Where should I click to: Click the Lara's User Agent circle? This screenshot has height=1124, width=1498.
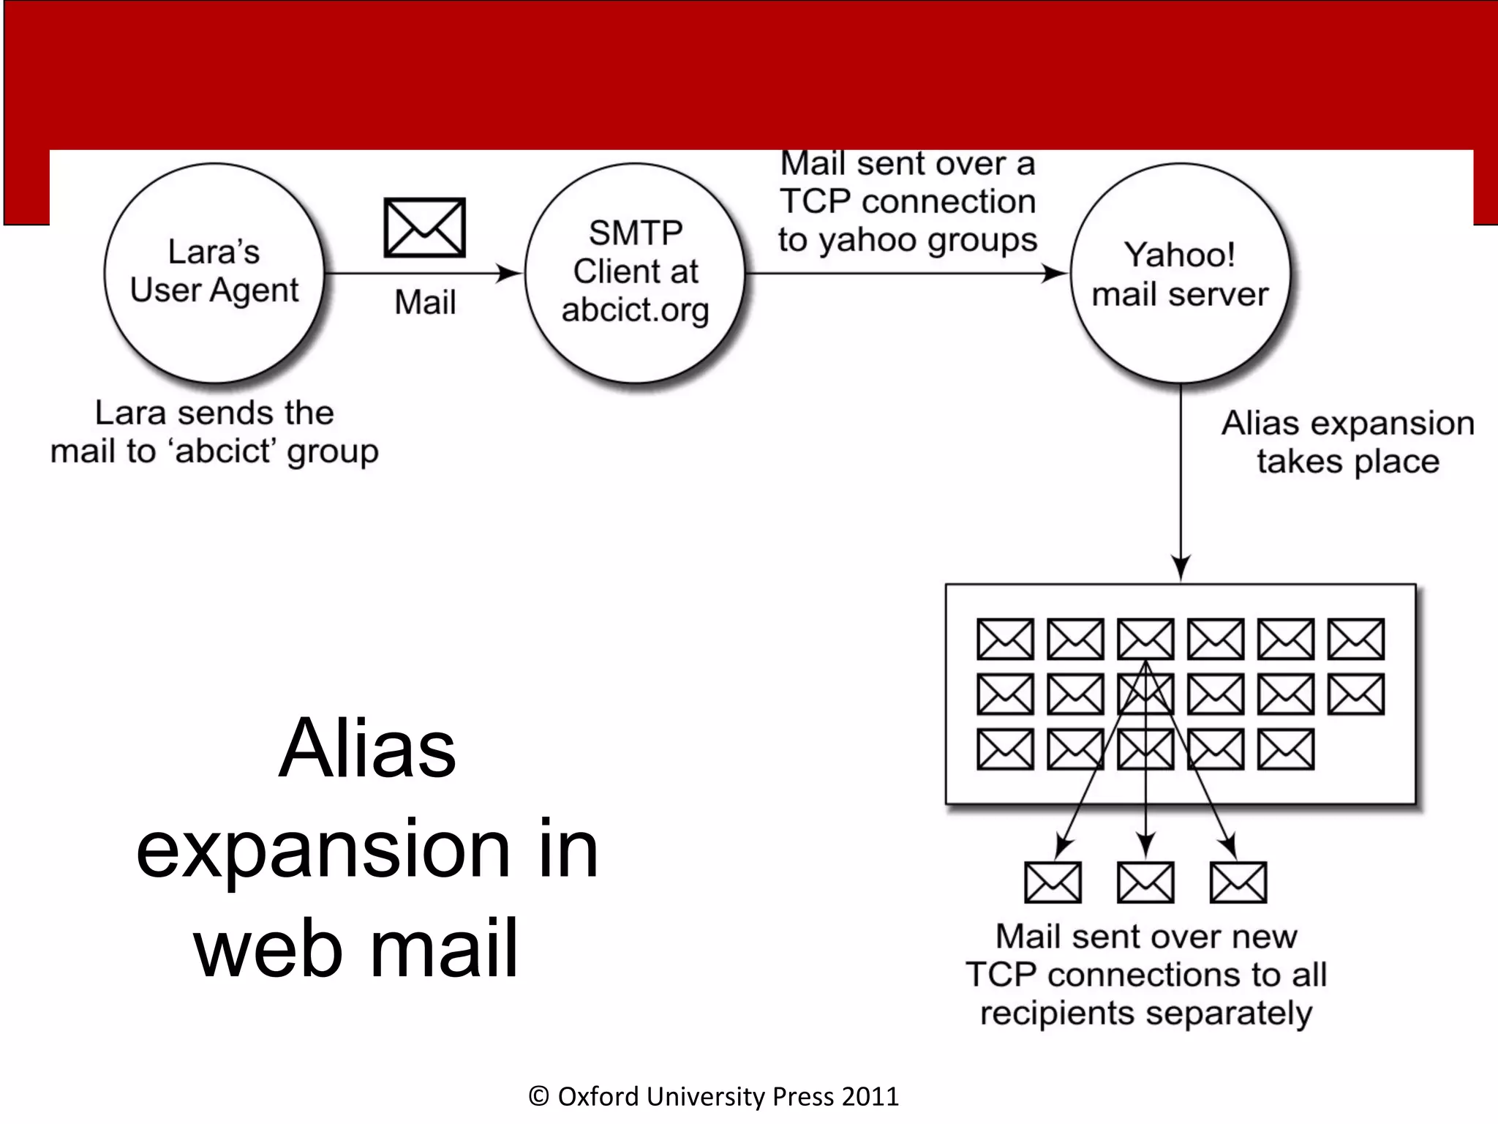[x=214, y=272]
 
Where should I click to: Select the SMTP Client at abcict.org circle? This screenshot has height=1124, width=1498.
[x=635, y=272]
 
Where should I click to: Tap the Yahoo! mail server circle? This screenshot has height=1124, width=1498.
[x=1180, y=272]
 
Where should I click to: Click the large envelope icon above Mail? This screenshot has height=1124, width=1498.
[x=425, y=228]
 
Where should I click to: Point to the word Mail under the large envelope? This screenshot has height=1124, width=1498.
[x=425, y=302]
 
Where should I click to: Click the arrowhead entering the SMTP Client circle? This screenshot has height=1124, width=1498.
[x=511, y=274]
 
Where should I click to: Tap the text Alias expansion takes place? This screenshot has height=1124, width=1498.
[x=1347, y=442]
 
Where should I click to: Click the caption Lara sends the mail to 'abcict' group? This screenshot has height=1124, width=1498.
[x=214, y=432]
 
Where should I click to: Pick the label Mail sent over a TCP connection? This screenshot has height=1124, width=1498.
[x=907, y=201]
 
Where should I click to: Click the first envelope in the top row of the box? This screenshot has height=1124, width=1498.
[x=1006, y=639]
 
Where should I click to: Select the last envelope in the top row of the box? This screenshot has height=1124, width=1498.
[x=1356, y=639]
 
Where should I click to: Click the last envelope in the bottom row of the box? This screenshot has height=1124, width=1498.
[x=1286, y=749]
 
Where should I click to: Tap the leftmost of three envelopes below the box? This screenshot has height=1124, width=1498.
[x=1053, y=882]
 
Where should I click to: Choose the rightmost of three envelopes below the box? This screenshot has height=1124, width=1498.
[x=1238, y=882]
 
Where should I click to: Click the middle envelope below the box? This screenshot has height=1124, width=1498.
[x=1145, y=882]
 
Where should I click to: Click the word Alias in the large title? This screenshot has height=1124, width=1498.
[x=367, y=749]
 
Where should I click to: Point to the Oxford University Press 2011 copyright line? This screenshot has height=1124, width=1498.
[x=714, y=1096]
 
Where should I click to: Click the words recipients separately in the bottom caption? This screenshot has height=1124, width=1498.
[x=1145, y=1014]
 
